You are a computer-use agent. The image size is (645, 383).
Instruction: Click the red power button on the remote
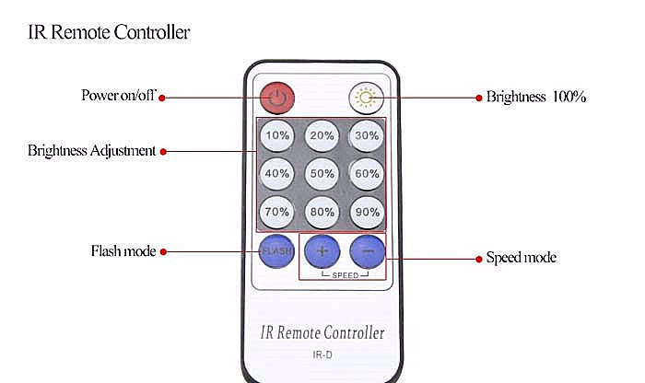pyautogui.click(x=276, y=97)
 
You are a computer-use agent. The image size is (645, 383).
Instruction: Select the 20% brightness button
pyautogui.click(x=322, y=135)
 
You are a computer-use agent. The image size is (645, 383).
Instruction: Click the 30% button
pyautogui.click(x=367, y=135)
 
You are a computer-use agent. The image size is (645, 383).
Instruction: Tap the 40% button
pyautogui.click(x=276, y=172)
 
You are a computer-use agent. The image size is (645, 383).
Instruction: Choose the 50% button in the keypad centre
pyautogui.click(x=322, y=172)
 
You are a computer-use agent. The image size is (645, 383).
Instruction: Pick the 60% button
pyautogui.click(x=367, y=172)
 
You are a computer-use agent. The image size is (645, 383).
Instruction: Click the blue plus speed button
pyautogui.click(x=322, y=250)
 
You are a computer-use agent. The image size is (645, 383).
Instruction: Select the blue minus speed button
pyautogui.click(x=367, y=250)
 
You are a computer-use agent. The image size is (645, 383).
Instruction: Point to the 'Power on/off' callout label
pyautogui.click(x=118, y=96)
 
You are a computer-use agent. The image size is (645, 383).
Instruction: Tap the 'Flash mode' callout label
pyautogui.click(x=123, y=250)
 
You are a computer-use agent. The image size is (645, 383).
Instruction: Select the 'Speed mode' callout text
pyautogui.click(x=521, y=258)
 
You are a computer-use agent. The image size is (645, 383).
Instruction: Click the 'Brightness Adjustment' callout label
pyautogui.click(x=91, y=150)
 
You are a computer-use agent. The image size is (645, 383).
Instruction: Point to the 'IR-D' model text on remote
pyautogui.click(x=322, y=354)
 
